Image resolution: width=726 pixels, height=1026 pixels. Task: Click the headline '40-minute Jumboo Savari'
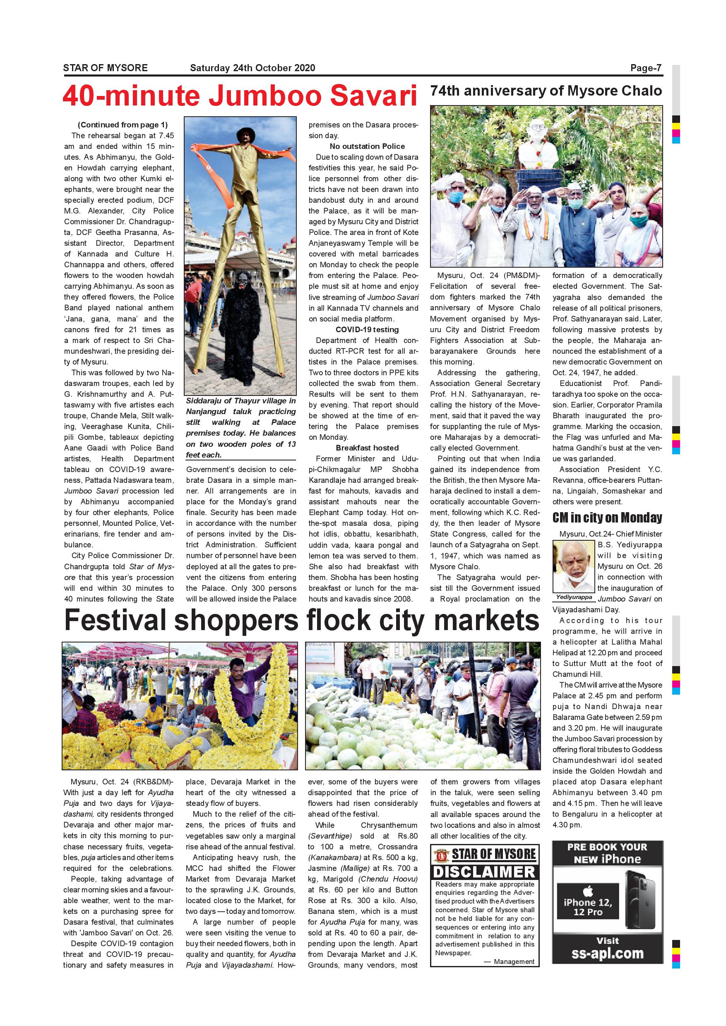tap(240, 96)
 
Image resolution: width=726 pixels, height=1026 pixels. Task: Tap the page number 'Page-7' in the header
tap(646, 68)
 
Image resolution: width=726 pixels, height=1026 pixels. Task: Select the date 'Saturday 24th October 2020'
tap(252, 68)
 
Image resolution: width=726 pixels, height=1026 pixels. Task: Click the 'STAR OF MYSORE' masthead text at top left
tap(105, 68)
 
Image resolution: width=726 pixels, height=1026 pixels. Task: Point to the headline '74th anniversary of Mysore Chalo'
tap(546, 91)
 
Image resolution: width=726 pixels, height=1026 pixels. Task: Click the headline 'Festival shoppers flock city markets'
tap(302, 620)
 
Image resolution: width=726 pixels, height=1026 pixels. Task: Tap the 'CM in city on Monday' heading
tap(607, 518)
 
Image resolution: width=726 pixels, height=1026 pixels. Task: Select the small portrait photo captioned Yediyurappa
tap(574, 567)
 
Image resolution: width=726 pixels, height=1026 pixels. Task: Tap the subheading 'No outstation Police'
tap(367, 146)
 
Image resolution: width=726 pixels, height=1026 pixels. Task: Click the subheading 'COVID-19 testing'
tap(367, 330)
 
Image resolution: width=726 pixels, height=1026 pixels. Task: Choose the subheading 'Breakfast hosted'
tap(367, 448)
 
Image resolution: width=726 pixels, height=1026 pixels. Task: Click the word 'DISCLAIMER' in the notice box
tap(485, 872)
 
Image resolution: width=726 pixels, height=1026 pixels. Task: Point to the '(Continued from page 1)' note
tap(123, 125)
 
